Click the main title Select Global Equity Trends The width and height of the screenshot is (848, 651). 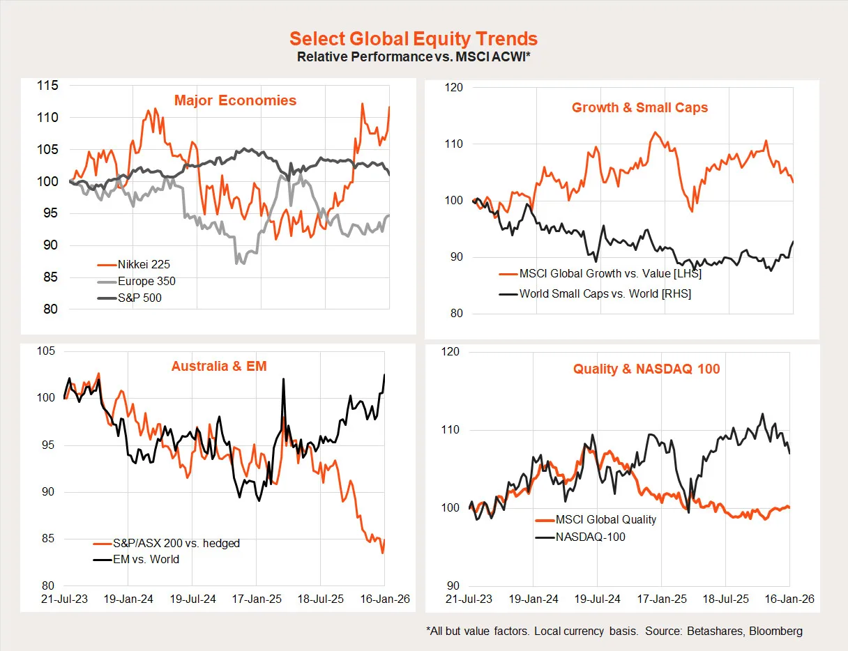point(414,38)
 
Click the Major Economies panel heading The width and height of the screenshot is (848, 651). point(235,100)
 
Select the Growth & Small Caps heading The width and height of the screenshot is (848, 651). point(639,107)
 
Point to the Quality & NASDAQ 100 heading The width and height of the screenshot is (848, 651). point(646,369)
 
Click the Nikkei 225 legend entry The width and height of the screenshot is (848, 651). point(142,264)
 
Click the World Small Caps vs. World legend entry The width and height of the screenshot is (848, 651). point(605,293)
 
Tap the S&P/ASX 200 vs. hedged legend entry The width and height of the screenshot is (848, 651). point(176,543)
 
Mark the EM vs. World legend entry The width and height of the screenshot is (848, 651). point(145,559)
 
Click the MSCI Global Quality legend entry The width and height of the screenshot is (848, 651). point(605,519)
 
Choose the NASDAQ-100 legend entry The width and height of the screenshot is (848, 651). point(590,537)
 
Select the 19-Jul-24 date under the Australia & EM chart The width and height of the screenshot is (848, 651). point(191,599)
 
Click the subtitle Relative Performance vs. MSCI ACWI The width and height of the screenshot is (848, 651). point(414,57)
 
